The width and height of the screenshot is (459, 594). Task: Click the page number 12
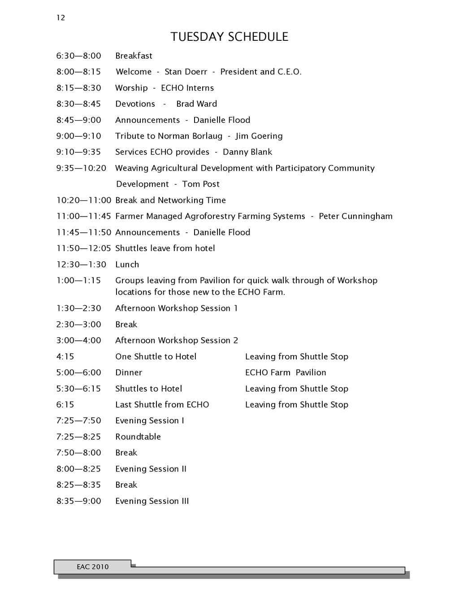pos(61,18)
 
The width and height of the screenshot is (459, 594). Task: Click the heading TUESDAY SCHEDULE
pos(229,37)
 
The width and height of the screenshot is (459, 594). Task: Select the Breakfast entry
pos(134,56)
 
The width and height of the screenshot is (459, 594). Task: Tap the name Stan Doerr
pos(186,72)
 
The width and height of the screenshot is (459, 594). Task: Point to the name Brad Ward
pos(196,104)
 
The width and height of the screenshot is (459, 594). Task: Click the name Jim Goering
pos(259,136)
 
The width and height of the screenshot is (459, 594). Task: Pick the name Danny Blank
pos(247,152)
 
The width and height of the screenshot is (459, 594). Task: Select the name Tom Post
pos(200,184)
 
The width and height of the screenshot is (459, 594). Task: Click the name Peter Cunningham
pos(355,216)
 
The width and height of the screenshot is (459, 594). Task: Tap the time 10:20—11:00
pos(83,200)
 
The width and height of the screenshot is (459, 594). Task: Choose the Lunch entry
pos(127,264)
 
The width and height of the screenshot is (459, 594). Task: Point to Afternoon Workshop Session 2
pos(177,340)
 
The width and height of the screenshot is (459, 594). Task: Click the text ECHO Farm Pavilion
pos(286,373)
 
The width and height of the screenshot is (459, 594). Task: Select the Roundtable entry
pos(138,437)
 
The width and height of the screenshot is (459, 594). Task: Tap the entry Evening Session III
pos(152,501)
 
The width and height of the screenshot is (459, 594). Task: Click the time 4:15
pos(65,357)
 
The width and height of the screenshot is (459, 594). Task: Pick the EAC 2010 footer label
pos(92,567)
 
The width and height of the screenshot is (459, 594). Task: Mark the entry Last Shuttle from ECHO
pos(162,405)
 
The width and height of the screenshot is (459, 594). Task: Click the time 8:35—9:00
pos(78,501)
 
